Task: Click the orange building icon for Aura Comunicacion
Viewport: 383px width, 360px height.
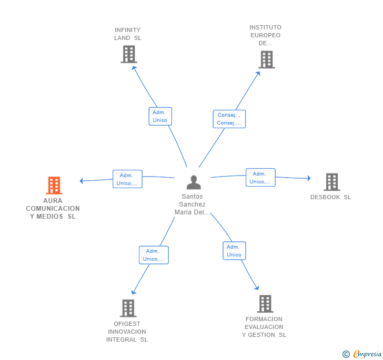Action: click(x=54, y=186)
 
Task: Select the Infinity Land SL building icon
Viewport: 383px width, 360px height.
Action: click(x=128, y=54)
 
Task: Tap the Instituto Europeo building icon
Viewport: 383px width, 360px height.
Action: click(x=267, y=59)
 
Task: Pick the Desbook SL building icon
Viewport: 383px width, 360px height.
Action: click(x=331, y=182)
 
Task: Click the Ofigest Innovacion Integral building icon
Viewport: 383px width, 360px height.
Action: click(x=128, y=308)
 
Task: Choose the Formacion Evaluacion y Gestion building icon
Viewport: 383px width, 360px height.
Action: click(x=265, y=304)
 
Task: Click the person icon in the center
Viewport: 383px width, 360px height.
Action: click(x=194, y=182)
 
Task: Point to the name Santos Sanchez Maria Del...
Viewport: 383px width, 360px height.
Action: click(x=193, y=204)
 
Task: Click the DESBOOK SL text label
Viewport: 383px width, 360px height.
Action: click(x=330, y=198)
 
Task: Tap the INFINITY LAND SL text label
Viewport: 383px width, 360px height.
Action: click(x=128, y=34)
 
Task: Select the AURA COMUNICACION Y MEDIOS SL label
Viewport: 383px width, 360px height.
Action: click(x=53, y=209)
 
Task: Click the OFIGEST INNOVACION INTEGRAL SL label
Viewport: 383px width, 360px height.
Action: click(x=127, y=332)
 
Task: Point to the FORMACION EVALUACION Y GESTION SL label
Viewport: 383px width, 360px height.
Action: click(x=264, y=327)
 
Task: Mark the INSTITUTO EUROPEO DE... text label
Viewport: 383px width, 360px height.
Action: click(x=265, y=35)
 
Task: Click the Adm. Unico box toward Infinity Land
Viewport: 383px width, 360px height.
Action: click(x=160, y=116)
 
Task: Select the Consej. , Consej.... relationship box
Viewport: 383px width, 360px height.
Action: click(x=229, y=119)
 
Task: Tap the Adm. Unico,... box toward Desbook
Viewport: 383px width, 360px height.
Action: click(x=260, y=178)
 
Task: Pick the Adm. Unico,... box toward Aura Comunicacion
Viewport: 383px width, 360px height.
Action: click(x=127, y=179)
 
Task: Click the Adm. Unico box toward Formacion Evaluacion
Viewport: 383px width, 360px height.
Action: click(x=234, y=251)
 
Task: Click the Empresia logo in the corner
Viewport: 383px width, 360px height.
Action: click(x=362, y=354)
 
